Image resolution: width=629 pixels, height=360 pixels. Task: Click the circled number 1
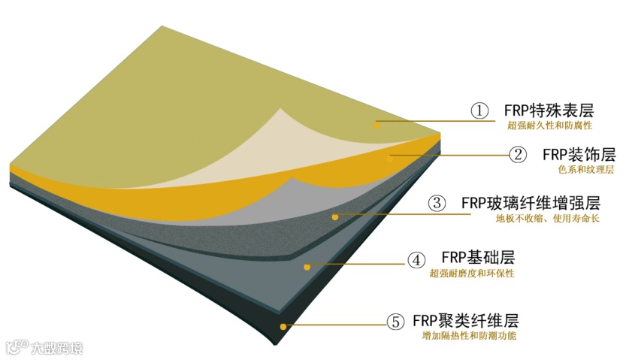tap(480, 110)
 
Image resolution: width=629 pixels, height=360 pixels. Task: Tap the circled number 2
tap(519, 155)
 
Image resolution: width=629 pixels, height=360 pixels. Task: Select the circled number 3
tap(437, 203)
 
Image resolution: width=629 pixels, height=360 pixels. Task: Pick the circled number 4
tap(416, 260)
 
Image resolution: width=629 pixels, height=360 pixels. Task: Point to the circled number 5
tap(395, 322)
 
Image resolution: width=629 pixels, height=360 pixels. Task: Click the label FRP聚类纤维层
tap(466, 320)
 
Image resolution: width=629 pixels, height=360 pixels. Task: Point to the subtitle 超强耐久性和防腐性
tap(550, 126)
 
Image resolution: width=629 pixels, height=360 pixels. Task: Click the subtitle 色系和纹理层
tap(586, 170)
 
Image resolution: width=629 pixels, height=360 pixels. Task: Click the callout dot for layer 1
tap(377, 125)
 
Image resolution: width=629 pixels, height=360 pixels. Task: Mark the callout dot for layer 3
tap(334, 216)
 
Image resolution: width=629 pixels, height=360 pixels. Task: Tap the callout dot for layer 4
tap(307, 266)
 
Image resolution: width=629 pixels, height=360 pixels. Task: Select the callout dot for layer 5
tap(283, 326)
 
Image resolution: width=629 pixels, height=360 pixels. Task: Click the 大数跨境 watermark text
tap(55, 348)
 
